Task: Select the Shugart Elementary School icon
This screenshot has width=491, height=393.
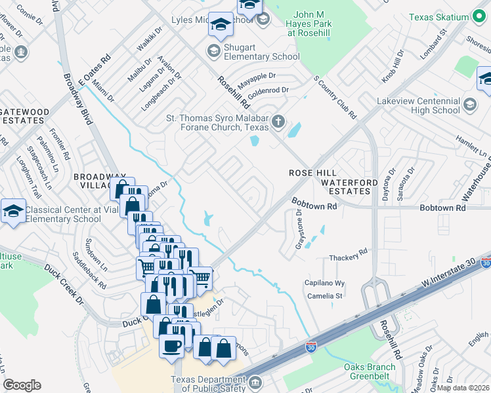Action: [x=213, y=50]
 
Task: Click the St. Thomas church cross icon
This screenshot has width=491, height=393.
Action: [x=279, y=121]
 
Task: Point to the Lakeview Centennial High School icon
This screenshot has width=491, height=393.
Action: [x=469, y=103]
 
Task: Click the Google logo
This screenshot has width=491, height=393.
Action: [x=22, y=384]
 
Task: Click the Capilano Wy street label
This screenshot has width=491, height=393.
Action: [x=324, y=283]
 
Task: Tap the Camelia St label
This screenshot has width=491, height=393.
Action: [x=326, y=296]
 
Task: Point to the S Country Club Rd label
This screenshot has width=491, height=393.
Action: [x=335, y=98]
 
